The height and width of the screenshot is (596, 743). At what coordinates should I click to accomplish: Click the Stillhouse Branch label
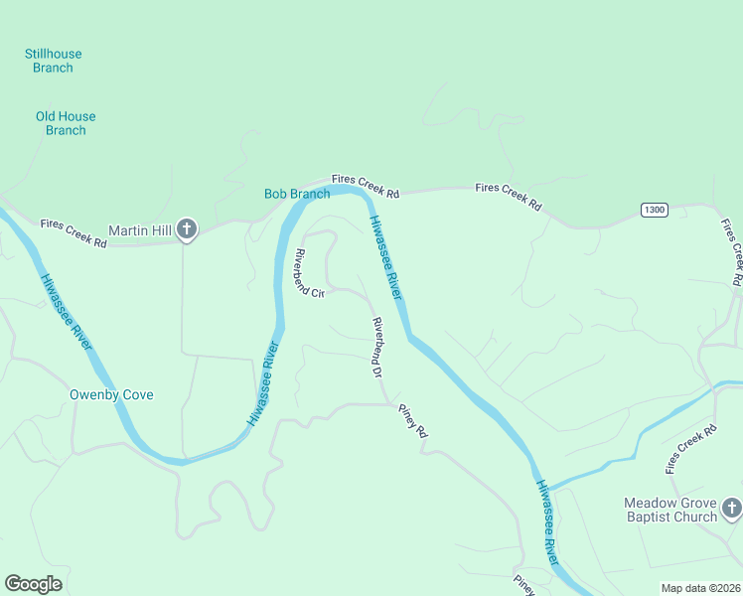pos(54,61)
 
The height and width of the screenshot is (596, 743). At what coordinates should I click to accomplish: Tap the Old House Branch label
pos(66,123)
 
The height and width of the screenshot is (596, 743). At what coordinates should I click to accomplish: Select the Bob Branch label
pos(296,194)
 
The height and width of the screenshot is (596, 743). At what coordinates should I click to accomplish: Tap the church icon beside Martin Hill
pos(186,230)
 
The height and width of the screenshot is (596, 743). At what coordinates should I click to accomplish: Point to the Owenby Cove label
pos(111,394)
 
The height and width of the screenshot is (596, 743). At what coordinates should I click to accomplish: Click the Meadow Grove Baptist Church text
pos(670,510)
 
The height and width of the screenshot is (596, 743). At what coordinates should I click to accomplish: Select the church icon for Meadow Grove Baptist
pos(731,509)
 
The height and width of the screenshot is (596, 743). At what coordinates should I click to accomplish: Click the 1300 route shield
pos(654,210)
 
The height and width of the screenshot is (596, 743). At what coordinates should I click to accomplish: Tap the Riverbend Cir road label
pos(308,273)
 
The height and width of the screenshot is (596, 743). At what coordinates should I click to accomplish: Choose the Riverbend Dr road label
pos(377,348)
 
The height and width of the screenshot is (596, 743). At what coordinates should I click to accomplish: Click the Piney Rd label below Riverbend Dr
pos(412,421)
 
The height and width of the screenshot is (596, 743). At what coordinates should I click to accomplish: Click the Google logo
pos(34,583)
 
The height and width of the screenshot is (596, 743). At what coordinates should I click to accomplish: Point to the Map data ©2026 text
pos(699,588)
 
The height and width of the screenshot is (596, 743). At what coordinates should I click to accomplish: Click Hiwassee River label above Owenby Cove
pos(67,311)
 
